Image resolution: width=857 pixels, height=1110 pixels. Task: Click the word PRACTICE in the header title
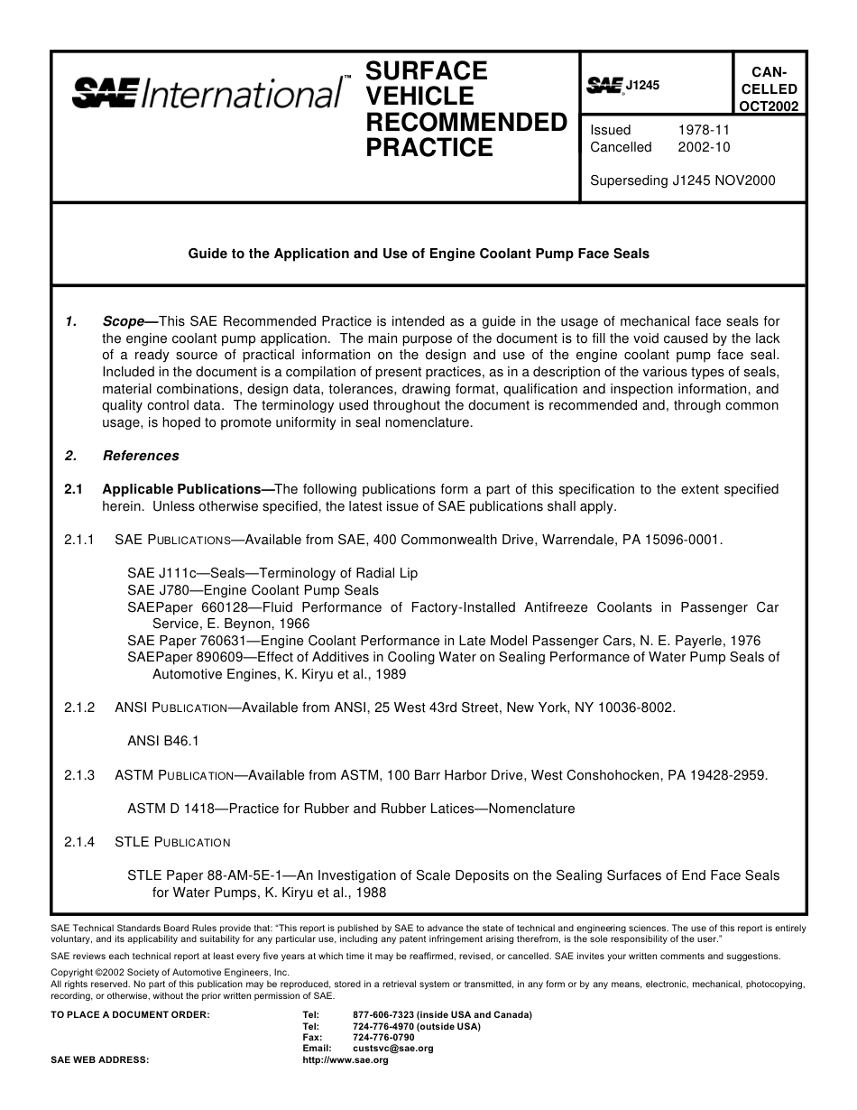[x=429, y=148]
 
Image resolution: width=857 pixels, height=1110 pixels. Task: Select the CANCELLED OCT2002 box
[x=769, y=88]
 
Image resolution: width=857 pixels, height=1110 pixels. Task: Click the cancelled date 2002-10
[x=703, y=147]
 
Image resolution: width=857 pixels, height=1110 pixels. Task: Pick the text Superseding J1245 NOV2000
[x=682, y=180]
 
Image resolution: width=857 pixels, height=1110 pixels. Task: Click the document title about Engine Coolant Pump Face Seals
[x=418, y=254]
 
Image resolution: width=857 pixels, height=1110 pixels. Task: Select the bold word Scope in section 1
[x=124, y=321]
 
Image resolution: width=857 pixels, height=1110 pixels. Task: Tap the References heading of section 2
[x=141, y=456]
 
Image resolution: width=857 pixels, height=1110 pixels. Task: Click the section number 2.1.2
[x=79, y=708]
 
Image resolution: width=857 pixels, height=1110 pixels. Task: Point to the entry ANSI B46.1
[x=162, y=741]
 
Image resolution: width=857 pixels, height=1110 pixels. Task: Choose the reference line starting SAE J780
[x=253, y=590]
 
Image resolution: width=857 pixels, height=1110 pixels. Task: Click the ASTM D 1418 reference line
[x=350, y=809]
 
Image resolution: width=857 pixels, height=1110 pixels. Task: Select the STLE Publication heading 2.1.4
[x=172, y=842]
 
